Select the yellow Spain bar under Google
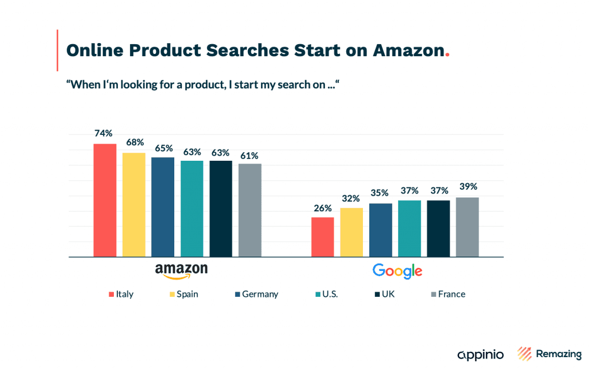pyautogui.click(x=351, y=232)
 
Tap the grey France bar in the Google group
pyautogui.click(x=467, y=227)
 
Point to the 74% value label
pyautogui.click(x=103, y=133)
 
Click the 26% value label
pyautogui.click(x=323, y=207)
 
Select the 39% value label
pyautogui.click(x=468, y=187)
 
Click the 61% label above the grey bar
pyautogui.click(x=250, y=156)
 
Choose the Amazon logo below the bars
pyautogui.click(x=181, y=271)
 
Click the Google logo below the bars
pyautogui.click(x=397, y=271)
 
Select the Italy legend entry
pyautogui.click(x=121, y=294)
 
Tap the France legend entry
pyautogui.click(x=448, y=294)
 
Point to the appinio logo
pyautogui.click(x=480, y=354)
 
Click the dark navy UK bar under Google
pyautogui.click(x=438, y=228)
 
